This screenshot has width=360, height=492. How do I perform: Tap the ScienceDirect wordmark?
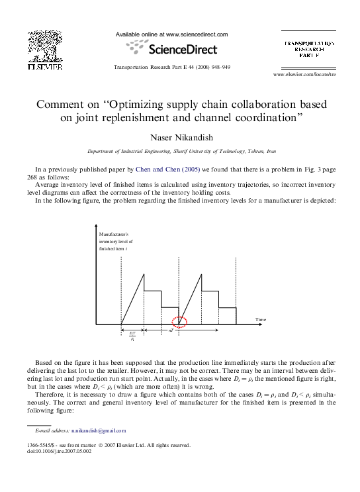pyautogui.click(x=183, y=49)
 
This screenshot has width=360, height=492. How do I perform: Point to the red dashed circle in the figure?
pyautogui.click(x=179, y=322)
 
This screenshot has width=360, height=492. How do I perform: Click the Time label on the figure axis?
pyautogui.click(x=261, y=320)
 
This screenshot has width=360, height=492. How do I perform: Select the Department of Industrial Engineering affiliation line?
pyautogui.click(x=179, y=152)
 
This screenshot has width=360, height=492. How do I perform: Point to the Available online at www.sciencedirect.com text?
pyautogui.click(x=171, y=34)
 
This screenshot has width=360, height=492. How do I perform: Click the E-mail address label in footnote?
pyautogui.click(x=48, y=430)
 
